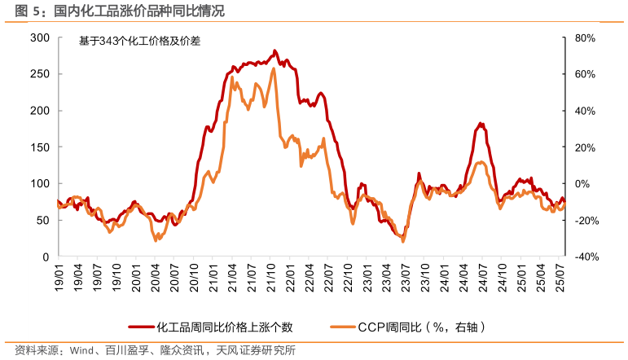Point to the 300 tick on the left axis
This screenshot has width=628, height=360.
click(40, 37)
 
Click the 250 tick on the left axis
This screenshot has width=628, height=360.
click(40, 74)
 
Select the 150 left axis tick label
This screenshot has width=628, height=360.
click(40, 147)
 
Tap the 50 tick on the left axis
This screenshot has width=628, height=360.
click(43, 220)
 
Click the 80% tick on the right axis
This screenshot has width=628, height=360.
click(586, 38)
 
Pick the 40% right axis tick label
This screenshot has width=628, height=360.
click(586, 111)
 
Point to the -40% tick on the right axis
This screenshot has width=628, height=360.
click(584, 257)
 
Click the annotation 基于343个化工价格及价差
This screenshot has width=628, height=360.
click(139, 42)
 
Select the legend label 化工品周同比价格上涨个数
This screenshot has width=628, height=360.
click(224, 327)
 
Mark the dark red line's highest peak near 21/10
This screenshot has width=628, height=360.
click(274, 50)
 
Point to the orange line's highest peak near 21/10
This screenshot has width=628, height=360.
click(273, 69)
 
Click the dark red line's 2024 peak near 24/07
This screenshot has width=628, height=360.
click(481, 124)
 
